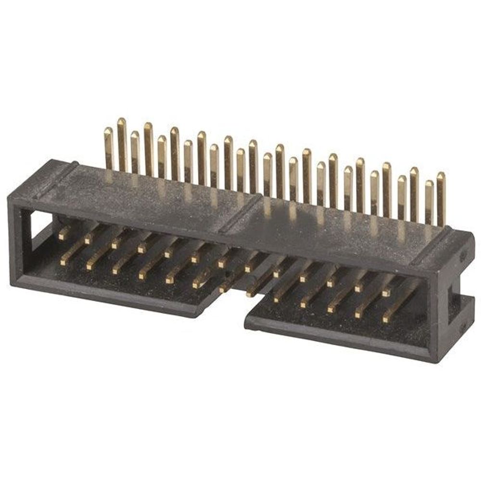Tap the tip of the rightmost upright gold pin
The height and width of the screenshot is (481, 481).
coord(441,175)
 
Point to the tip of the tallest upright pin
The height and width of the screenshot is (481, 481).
coord(122,121)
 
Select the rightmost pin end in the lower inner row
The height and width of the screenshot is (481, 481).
coord(386,318)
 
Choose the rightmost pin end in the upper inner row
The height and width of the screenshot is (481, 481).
coord(386,291)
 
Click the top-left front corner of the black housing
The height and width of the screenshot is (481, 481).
coord(11,197)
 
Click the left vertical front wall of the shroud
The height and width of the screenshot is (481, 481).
coord(17,240)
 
